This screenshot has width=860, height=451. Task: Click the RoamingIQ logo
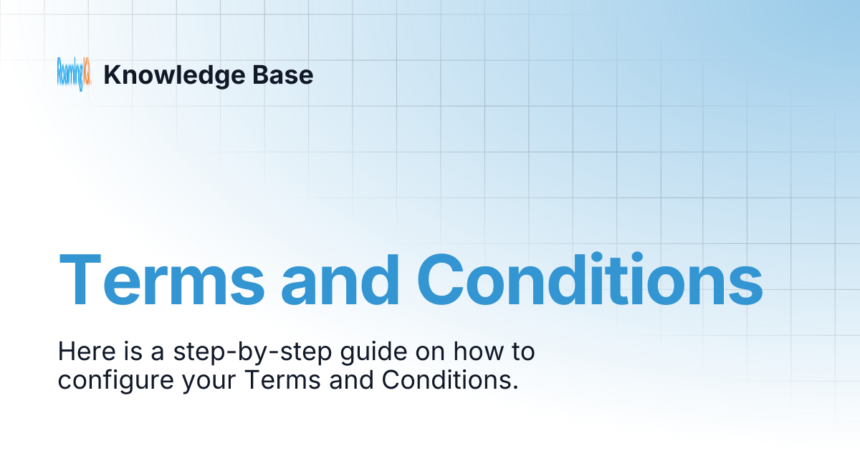click(75, 74)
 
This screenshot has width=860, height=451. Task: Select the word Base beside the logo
click(286, 74)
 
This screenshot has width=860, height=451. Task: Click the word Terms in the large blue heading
click(161, 280)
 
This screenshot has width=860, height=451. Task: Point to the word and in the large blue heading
click(341, 280)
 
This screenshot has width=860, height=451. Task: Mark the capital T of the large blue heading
click(82, 280)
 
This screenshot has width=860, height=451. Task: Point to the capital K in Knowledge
click(111, 75)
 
